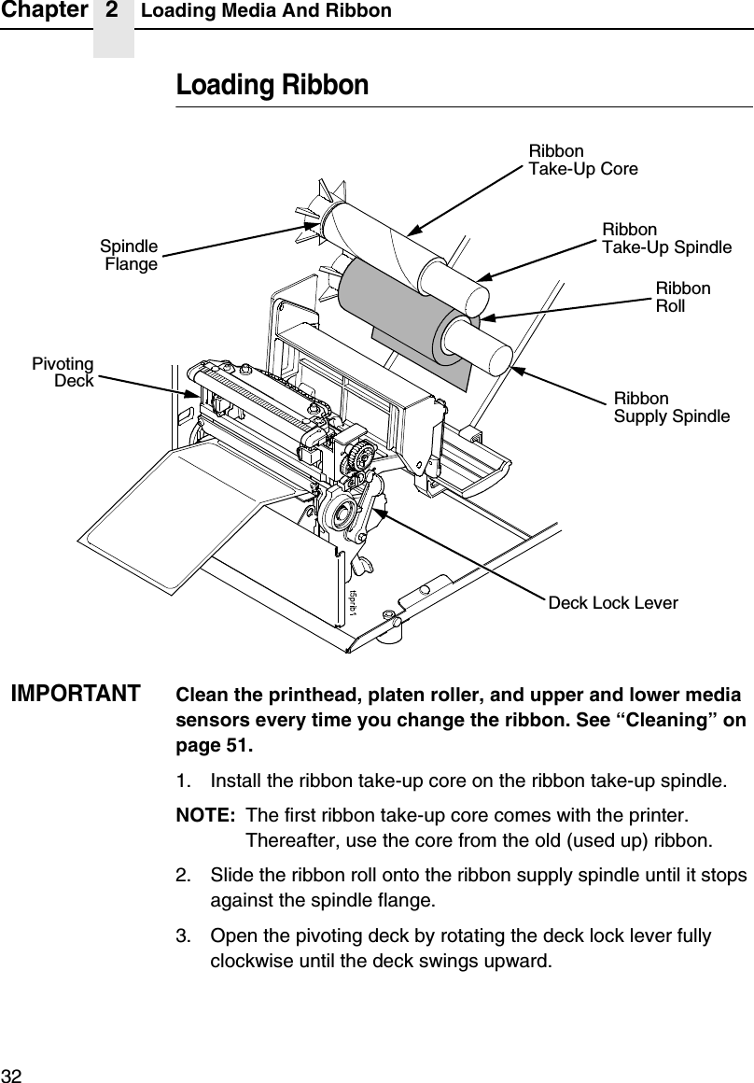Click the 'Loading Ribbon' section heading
[272, 86]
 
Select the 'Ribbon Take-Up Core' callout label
[583, 160]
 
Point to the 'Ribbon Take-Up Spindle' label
[666, 238]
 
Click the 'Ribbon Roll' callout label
[683, 297]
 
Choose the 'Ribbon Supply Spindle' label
[671, 407]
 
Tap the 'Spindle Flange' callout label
[130, 256]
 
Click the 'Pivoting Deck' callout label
[63, 372]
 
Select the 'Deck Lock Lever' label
[613, 603]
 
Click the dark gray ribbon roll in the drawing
[383, 299]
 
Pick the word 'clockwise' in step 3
[249, 961]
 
